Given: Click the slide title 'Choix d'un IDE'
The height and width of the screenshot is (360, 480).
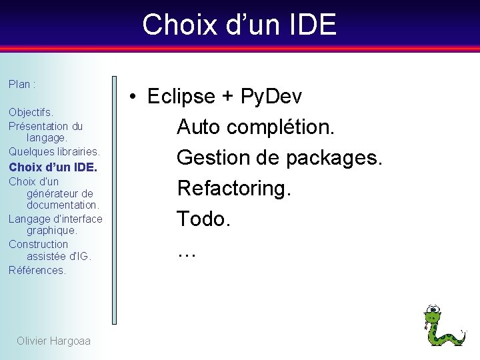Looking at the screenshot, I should pyautogui.click(x=239, y=25).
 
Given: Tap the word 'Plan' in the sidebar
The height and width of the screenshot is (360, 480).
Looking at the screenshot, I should pyautogui.click(x=19, y=85).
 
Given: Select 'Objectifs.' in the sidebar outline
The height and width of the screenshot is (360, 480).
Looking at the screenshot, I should pyautogui.click(x=31, y=113).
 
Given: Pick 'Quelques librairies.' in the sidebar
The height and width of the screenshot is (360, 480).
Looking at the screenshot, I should pyautogui.click(x=54, y=151).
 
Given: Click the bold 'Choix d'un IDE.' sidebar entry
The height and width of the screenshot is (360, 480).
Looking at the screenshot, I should pyautogui.click(x=53, y=167).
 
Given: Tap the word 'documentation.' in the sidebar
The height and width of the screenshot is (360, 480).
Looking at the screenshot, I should pyautogui.click(x=63, y=205).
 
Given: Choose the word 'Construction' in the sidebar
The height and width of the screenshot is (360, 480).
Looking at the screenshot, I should pyautogui.click(x=38, y=244).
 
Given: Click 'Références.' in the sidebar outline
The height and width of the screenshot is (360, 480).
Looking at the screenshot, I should pyautogui.click(x=37, y=270).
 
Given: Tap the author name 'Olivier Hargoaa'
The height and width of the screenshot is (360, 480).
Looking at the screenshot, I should pyautogui.click(x=53, y=341).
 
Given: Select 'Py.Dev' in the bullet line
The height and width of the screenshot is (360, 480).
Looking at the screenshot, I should pyautogui.click(x=271, y=97).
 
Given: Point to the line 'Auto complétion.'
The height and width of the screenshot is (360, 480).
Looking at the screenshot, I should pyautogui.click(x=255, y=127).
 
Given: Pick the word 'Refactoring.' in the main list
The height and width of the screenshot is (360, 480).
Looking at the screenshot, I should pyautogui.click(x=234, y=188).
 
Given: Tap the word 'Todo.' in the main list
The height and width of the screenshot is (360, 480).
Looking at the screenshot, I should pyautogui.click(x=203, y=219).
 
